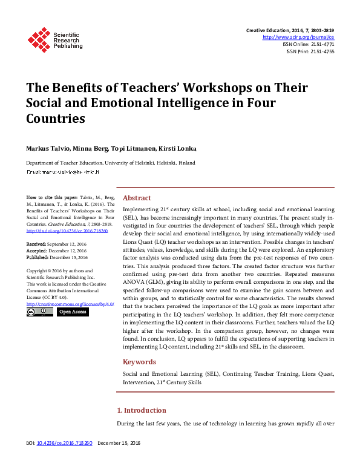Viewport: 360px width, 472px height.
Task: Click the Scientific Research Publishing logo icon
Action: (39, 39)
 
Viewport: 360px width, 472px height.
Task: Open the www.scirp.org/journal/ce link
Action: (298, 37)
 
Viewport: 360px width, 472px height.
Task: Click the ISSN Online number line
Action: (309, 44)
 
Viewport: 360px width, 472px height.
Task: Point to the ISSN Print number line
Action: (310, 51)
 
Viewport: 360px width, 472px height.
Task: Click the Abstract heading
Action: (137, 197)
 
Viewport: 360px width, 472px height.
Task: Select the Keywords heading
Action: (139, 362)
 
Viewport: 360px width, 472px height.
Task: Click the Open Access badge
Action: (73, 312)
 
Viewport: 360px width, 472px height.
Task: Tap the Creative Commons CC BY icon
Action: (39, 312)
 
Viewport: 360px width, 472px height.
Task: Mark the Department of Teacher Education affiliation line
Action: (110, 163)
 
